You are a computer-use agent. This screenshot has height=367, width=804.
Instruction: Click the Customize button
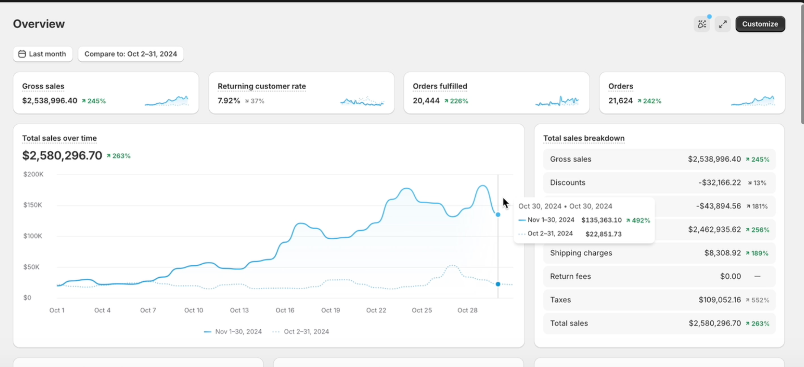pos(760,24)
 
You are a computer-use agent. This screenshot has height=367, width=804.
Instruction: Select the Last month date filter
pos(43,54)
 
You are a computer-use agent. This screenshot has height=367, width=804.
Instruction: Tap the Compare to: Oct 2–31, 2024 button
pos(131,54)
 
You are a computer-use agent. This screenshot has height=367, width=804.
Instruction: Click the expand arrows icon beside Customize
pos(723,24)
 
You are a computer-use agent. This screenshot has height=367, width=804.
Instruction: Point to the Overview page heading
pos(39,24)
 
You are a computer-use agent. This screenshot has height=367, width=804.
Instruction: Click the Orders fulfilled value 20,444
pos(426,101)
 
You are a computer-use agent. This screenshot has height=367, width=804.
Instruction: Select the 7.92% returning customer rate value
pos(229,101)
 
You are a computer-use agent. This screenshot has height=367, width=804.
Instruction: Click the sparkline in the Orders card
pos(753,100)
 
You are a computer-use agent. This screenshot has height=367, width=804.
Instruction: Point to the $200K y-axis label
pos(33,174)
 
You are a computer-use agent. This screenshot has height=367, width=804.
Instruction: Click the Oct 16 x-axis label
pos(285,310)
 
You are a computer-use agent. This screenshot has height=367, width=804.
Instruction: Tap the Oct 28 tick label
pos(467,310)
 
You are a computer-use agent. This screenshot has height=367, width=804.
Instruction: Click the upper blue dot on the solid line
pos(498,215)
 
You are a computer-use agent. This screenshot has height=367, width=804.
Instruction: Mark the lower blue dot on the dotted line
pos(498,284)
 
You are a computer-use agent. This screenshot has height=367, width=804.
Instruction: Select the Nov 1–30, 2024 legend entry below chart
pos(233,332)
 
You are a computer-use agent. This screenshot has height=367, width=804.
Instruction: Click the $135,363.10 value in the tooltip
pos(601,220)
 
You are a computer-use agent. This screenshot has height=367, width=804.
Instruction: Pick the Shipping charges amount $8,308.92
pos(722,253)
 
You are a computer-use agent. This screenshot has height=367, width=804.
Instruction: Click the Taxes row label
pos(560,300)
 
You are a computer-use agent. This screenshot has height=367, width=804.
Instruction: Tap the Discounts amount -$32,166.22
pos(719,183)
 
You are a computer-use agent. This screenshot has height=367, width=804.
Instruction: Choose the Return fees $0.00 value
pos(730,276)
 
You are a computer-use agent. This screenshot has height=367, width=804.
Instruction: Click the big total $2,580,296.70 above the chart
pos(62,155)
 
